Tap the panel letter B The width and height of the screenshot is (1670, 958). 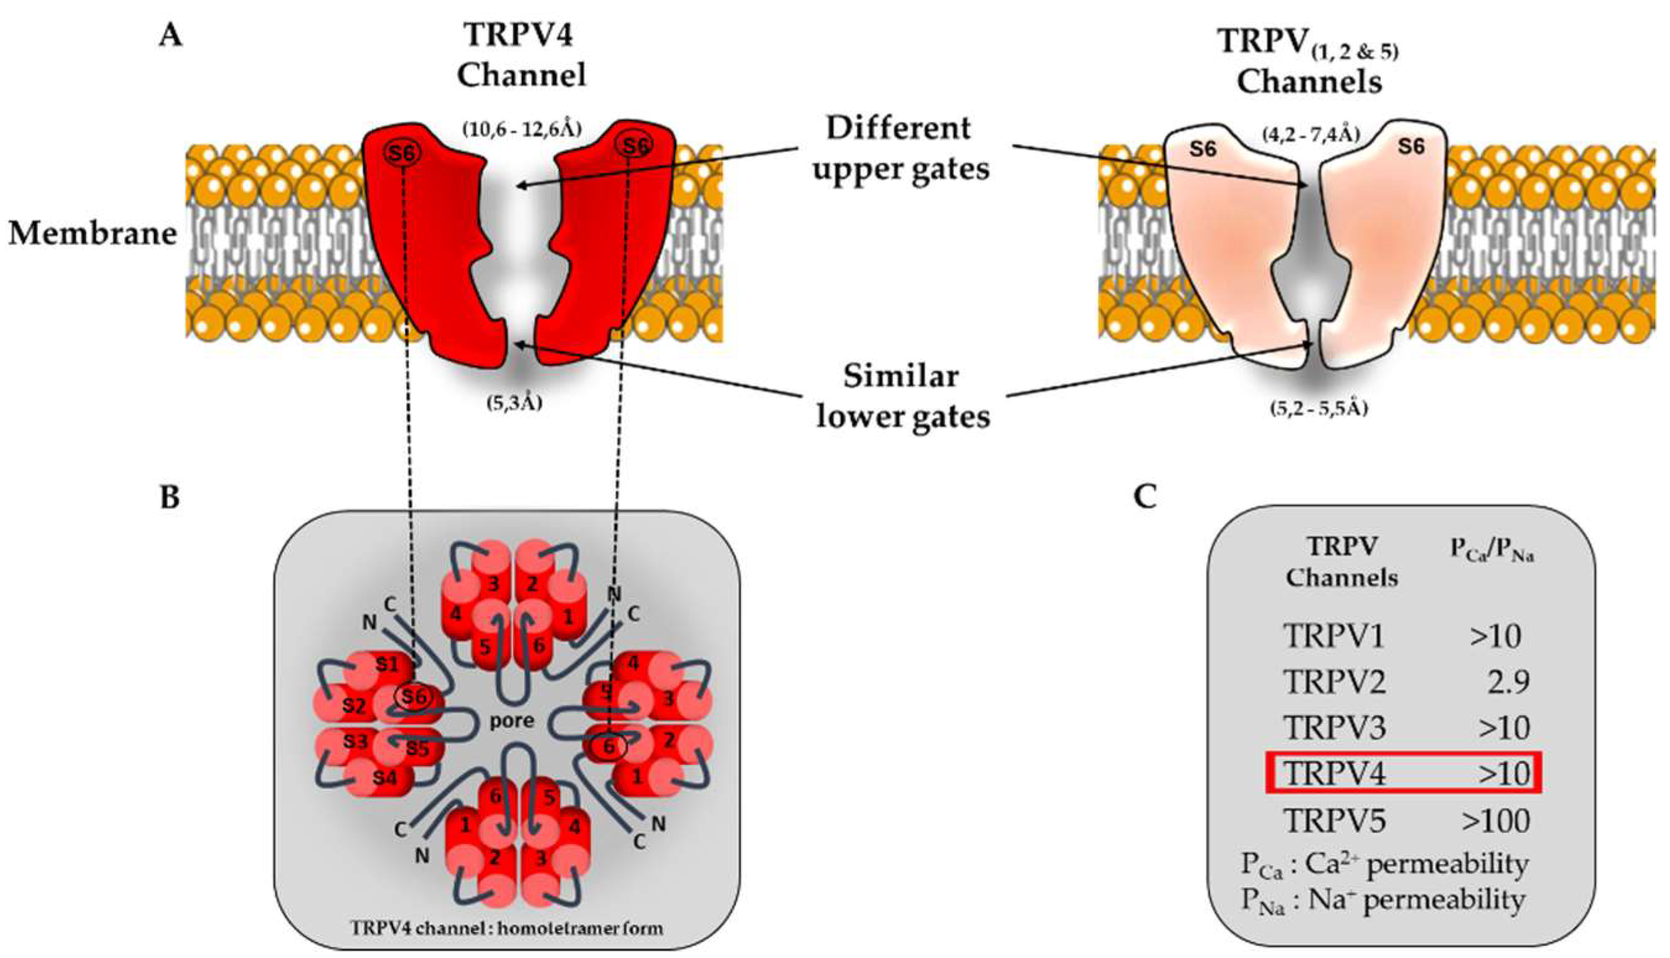170,498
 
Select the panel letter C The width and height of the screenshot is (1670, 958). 1145,498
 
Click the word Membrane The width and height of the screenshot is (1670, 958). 93,233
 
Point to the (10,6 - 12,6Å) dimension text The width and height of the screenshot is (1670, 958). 522,129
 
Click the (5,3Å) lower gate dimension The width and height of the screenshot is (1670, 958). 514,403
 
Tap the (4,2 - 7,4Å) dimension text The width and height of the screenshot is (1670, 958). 1311,135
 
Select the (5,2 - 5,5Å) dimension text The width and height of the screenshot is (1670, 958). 1319,408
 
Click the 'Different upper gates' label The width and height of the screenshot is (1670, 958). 900,148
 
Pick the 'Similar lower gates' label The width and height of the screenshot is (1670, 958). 902,397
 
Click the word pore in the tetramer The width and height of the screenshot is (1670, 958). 512,721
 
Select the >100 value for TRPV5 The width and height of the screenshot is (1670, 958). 1496,821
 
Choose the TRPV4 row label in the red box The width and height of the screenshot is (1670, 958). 1335,774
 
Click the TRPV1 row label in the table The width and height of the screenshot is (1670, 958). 1334,636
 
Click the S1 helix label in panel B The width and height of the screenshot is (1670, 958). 387,664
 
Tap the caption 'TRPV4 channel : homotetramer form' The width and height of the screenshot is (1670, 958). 507,928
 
